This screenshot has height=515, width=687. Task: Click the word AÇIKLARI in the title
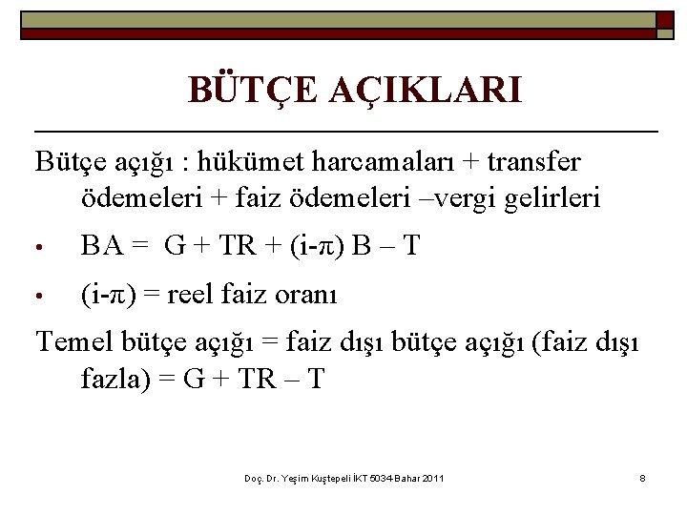[x=426, y=91]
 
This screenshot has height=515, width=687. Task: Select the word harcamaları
[x=381, y=162]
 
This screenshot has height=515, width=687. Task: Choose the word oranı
[x=304, y=295]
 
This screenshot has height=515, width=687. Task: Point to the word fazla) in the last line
[x=114, y=378]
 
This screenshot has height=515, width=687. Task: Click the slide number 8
[x=643, y=477]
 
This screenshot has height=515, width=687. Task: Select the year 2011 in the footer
[x=430, y=477]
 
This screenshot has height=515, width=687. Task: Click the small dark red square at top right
[x=665, y=19]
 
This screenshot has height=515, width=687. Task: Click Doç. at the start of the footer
[x=253, y=477]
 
